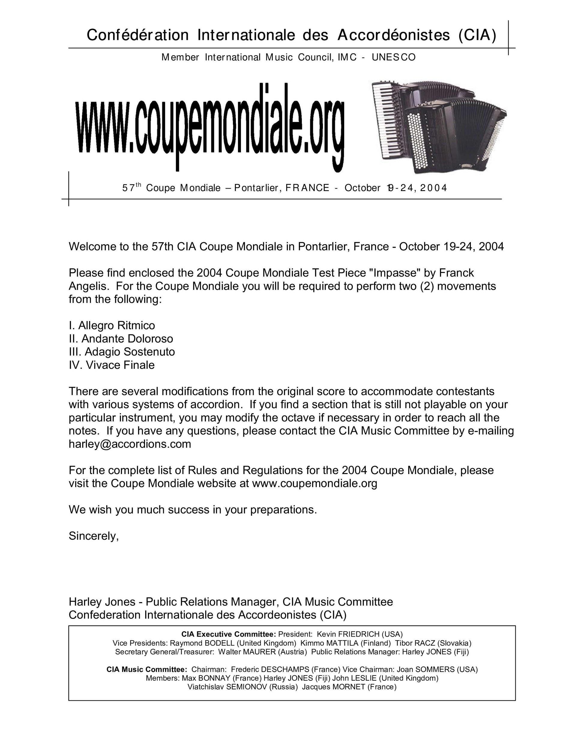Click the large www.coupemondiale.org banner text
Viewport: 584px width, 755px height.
coord(210,126)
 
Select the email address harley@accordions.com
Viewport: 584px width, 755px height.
coord(130,444)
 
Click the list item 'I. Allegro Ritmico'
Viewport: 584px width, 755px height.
coord(112,325)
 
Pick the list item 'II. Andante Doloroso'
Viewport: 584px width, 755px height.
coord(121,339)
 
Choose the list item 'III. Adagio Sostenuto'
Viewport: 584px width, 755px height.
coord(122,352)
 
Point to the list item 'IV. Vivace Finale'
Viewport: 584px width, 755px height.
coord(111,365)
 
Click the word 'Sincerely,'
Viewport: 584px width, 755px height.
coord(94,536)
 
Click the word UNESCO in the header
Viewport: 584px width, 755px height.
coord(394,57)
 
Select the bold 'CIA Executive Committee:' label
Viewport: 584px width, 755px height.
coord(229,634)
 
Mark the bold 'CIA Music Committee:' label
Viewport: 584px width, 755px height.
coord(147,669)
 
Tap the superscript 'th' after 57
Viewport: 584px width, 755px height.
coord(138,185)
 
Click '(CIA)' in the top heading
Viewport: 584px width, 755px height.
coord(477,35)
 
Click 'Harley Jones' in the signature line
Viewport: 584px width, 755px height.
coord(102,601)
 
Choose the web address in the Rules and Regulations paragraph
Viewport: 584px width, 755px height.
coord(315,483)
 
